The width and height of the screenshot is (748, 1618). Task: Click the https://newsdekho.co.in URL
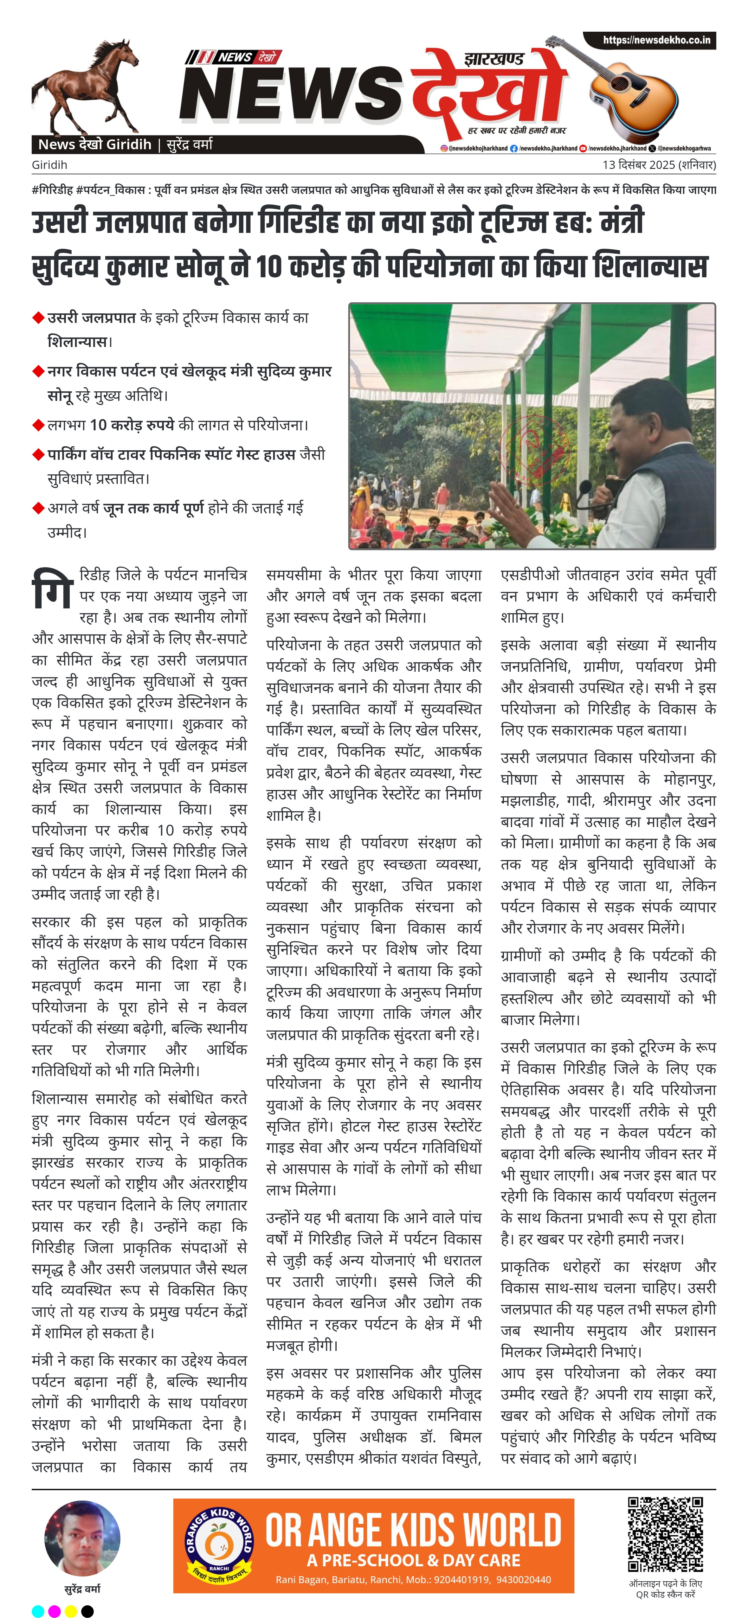pyautogui.click(x=656, y=40)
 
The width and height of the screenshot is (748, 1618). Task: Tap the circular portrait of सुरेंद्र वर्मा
pyautogui.click(x=82, y=1538)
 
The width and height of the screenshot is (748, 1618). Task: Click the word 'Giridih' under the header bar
pyautogui.click(x=50, y=165)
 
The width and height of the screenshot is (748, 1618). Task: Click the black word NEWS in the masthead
pyautogui.click(x=292, y=94)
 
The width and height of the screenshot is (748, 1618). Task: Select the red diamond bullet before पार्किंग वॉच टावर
pyautogui.click(x=38, y=455)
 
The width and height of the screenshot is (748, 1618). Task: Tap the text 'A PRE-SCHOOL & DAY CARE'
pyautogui.click(x=413, y=1560)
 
